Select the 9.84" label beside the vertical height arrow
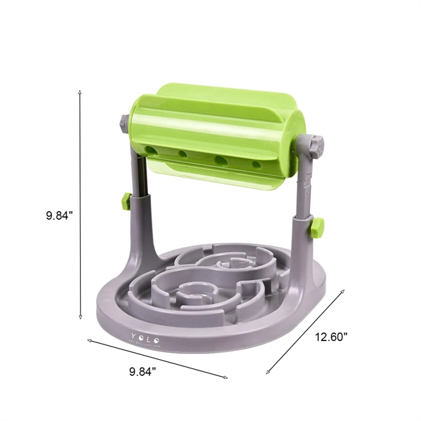[x=55, y=217]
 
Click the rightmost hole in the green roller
[x=257, y=166]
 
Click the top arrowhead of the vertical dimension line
[x=81, y=92]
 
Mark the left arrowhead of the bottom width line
[x=89, y=340]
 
